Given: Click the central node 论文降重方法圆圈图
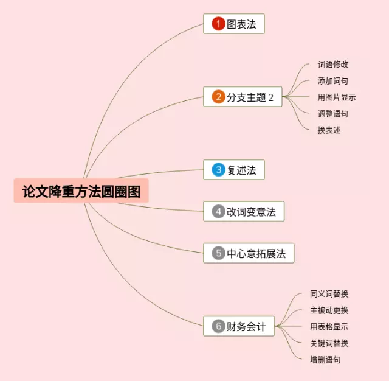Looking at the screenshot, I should (81, 191).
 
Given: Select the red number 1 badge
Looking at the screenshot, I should (218, 24).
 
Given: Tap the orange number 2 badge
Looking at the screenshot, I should (218, 97).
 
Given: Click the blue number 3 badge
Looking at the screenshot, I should (218, 170).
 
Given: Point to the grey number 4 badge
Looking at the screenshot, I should (218, 212).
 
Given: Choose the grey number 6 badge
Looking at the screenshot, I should (218, 326).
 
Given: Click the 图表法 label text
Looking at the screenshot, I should (241, 24).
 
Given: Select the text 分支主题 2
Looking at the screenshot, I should (250, 97).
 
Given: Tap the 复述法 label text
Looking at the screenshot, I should (241, 170).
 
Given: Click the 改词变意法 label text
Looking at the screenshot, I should (251, 212).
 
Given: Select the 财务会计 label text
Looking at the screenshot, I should (246, 326).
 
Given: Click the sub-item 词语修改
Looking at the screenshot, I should (333, 64).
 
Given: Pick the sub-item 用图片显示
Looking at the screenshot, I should (337, 97).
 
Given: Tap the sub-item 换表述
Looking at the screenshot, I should (329, 130).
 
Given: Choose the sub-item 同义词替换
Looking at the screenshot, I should (329, 293).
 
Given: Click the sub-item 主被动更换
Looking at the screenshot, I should (329, 310).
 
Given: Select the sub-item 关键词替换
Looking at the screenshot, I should (329, 343).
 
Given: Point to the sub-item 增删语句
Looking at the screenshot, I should (325, 359).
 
